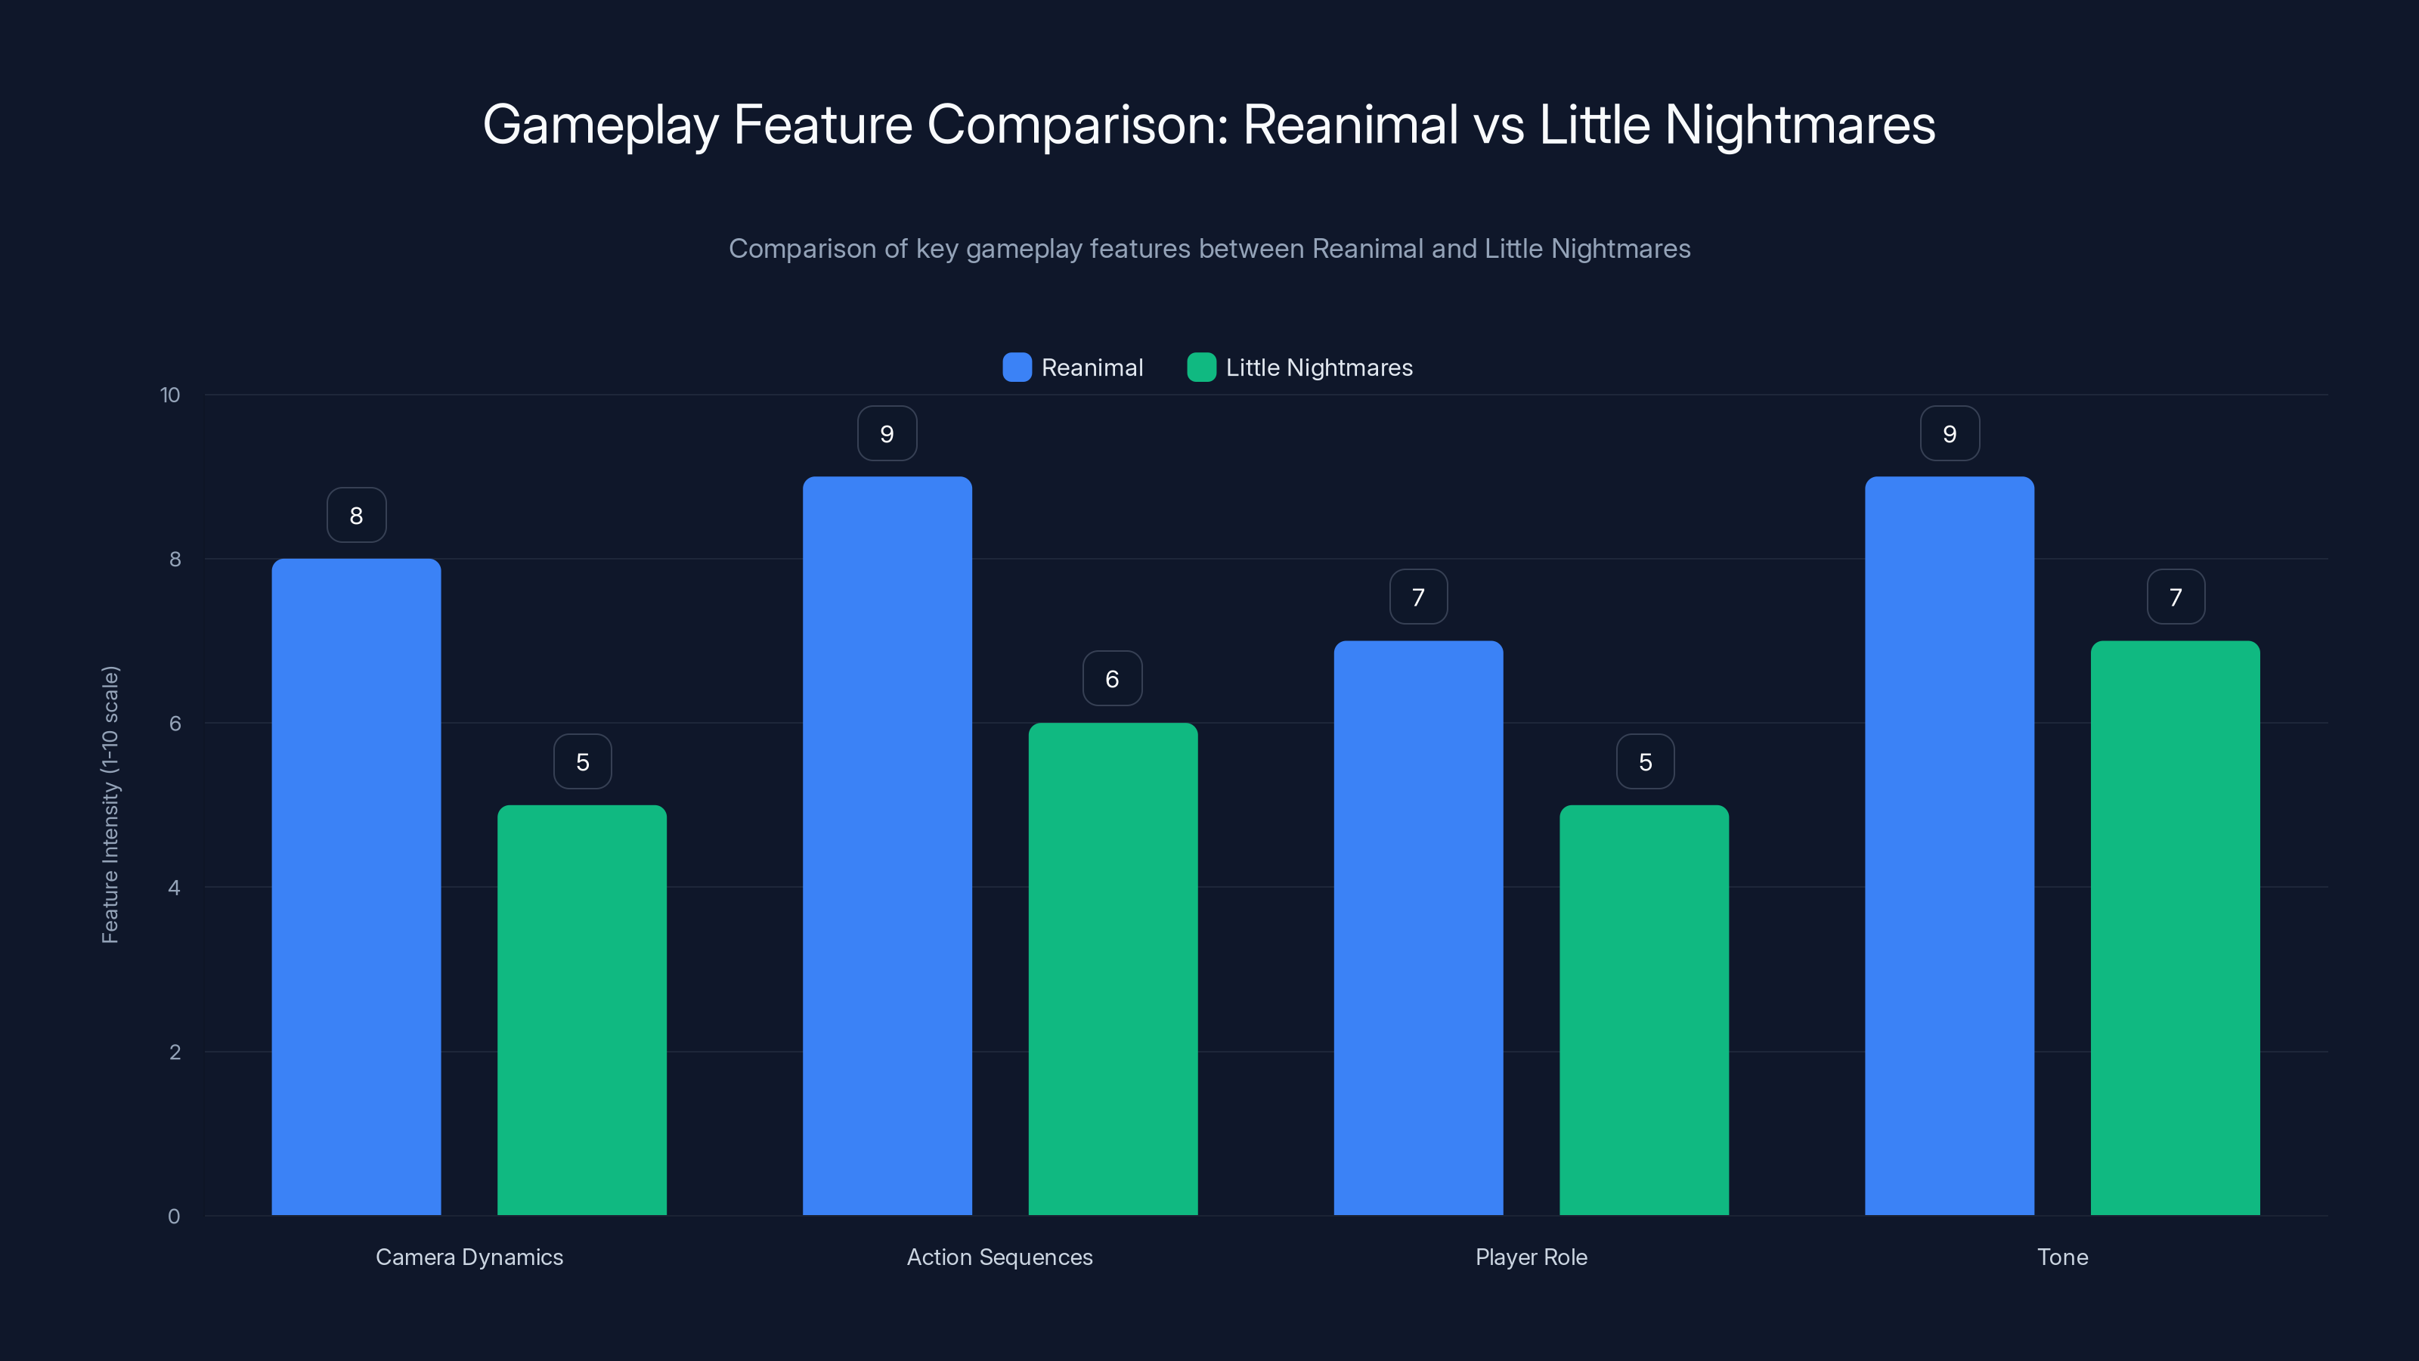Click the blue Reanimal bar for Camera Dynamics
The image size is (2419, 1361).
coord(356,887)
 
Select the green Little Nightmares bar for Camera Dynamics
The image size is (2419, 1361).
coord(581,1009)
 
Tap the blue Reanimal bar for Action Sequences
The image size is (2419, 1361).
coord(887,845)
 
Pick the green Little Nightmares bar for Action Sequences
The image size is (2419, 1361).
coord(1113,969)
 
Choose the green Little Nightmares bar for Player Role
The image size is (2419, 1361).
coord(1643,1009)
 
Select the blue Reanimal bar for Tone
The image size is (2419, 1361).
coord(1950,845)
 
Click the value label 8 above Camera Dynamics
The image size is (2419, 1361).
coord(356,515)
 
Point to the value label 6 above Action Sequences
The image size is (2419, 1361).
coord(1112,678)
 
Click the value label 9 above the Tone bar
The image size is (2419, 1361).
coord(1950,433)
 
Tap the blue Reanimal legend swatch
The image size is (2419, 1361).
coord(1017,367)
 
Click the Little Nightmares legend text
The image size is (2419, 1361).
coord(1318,367)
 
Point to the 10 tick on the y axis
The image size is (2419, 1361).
coord(170,395)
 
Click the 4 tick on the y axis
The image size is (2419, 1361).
coord(174,888)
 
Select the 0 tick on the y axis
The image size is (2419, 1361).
coord(174,1217)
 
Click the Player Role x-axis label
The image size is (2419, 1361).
coord(1531,1257)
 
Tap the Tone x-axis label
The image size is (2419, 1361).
coord(2062,1257)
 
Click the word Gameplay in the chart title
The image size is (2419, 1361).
coord(600,125)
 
